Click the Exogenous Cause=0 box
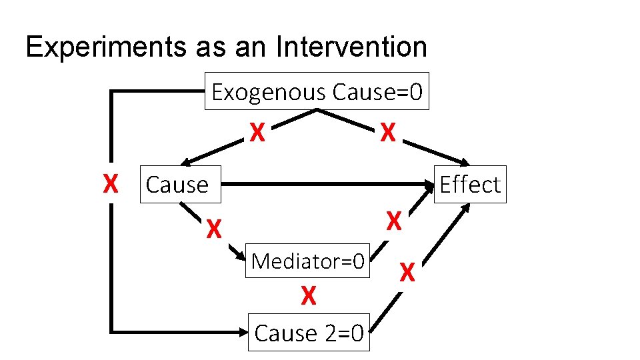(x=317, y=91)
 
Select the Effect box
(x=470, y=184)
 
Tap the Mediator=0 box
(x=307, y=261)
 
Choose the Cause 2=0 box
(x=309, y=332)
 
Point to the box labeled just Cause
(x=177, y=184)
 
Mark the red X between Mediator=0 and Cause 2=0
(x=307, y=295)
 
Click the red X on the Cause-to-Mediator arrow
(x=213, y=229)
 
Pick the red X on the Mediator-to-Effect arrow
(x=395, y=221)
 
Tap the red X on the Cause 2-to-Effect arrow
(x=408, y=271)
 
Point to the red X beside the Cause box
(x=111, y=183)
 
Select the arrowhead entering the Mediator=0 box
(x=239, y=256)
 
